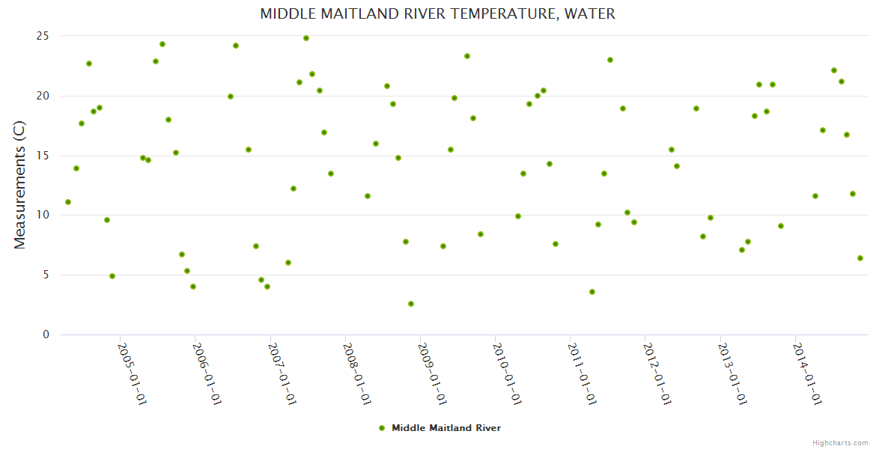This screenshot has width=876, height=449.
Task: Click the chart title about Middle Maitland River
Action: pyautogui.click(x=437, y=14)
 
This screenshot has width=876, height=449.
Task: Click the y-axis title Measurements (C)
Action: pyautogui.click(x=20, y=186)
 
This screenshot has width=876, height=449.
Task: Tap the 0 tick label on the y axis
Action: pyautogui.click(x=46, y=335)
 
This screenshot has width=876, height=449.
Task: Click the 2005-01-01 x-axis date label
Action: pyautogui.click(x=132, y=373)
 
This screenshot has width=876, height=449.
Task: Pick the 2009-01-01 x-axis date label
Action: pyautogui.click(x=431, y=373)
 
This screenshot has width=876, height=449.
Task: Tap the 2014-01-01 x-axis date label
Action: pyautogui.click(x=807, y=373)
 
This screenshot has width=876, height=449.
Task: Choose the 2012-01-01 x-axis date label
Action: pyautogui.click(x=657, y=373)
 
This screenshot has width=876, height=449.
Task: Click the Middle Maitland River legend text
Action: pyautogui.click(x=446, y=428)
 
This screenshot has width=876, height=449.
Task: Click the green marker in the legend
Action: pyautogui.click(x=382, y=428)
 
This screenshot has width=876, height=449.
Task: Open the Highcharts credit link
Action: pyautogui.click(x=840, y=442)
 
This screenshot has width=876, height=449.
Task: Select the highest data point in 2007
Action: pyautogui.click(x=306, y=38)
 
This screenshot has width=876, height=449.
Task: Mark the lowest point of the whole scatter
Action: pyautogui.click(x=411, y=304)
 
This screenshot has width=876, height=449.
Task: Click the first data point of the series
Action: pyautogui.click(x=68, y=202)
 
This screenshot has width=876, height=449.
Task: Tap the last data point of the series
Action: pyautogui.click(x=860, y=258)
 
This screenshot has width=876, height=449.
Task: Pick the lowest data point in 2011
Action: pyautogui.click(x=592, y=292)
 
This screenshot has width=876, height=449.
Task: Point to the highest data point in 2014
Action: pyautogui.click(x=834, y=70)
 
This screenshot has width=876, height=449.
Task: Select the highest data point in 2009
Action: pyautogui.click(x=467, y=56)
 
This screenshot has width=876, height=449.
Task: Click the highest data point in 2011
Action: pyautogui.click(x=610, y=60)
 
